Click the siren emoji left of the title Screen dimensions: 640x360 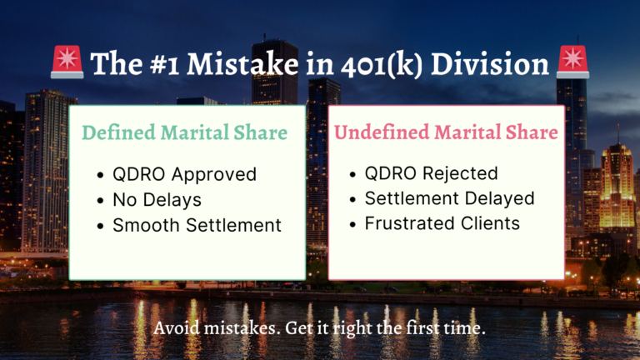tap(67, 62)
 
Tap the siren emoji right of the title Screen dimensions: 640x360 tap(573, 62)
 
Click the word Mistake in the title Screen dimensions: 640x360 tap(242, 64)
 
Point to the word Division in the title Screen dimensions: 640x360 tap(490, 64)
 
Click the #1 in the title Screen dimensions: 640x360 tap(164, 64)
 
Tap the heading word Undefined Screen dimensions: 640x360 tap(382, 132)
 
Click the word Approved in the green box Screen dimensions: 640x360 tap(214, 175)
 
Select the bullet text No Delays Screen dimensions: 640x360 tap(157, 200)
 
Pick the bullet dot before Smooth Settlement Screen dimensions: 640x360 tap(101, 226)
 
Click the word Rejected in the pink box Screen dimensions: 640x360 tap(460, 173)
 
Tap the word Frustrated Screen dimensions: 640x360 tap(409, 223)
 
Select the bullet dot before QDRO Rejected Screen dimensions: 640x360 tap(353, 174)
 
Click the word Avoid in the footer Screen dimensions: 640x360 tap(177, 328)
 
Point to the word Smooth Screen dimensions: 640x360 tap(146, 225)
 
